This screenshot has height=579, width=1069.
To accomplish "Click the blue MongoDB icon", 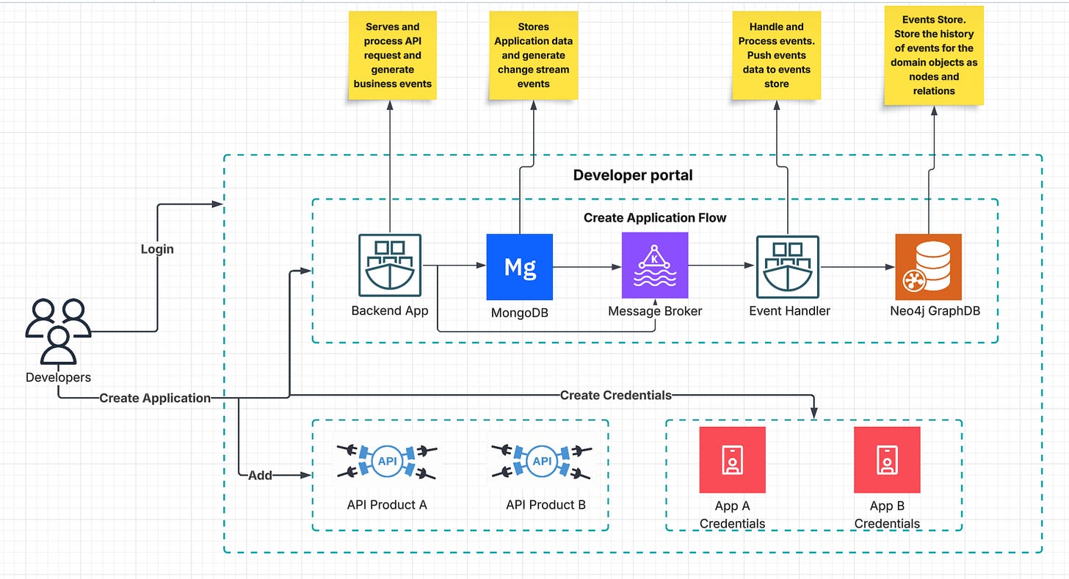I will pos(519,267).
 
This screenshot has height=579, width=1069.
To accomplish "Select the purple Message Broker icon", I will pos(655,265).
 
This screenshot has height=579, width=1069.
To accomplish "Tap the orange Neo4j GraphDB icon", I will pos(928,267).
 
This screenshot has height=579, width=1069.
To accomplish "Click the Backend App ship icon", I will pos(389,266).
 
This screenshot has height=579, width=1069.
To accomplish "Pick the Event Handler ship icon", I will pos(788,266).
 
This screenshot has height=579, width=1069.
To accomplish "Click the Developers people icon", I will pos(58,332).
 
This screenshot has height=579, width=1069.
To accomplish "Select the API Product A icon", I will pos(386,460).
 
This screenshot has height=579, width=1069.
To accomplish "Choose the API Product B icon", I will pos(542,460).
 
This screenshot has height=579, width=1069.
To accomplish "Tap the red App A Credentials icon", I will pos(732,460).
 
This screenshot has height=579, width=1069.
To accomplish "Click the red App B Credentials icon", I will pos(886,460).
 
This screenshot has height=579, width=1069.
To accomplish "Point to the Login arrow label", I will pos(157,249).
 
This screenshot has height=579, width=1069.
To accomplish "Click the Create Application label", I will pos(155,398).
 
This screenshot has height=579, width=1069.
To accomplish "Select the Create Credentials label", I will pos(615,395).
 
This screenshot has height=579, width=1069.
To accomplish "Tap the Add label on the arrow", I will pos(260,475).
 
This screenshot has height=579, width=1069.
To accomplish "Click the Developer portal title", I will pos(632,175).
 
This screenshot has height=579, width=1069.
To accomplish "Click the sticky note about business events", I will pos(393,56).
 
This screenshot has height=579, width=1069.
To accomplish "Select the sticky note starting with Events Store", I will pos(934,56).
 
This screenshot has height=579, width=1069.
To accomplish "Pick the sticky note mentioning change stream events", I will pos(533,56).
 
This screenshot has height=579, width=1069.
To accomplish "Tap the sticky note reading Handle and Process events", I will pos(776,56).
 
